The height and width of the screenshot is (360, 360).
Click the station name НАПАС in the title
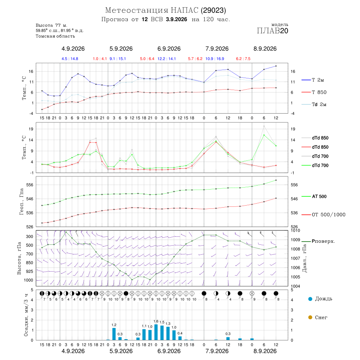184,10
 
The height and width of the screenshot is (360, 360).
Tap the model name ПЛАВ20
272,31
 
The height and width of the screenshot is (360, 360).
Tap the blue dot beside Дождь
310,299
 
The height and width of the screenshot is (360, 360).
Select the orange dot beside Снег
310,317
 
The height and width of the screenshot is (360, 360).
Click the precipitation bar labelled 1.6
156,332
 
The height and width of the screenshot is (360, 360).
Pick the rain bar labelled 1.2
114,334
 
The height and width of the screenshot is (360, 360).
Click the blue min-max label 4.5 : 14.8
70,59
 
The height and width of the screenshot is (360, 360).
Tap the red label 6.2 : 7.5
243,59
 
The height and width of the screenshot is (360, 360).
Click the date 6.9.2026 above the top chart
169,49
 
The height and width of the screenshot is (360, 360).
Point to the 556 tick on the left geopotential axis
30,185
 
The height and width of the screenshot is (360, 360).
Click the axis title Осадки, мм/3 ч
26,315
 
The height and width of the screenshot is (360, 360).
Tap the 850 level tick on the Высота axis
29,263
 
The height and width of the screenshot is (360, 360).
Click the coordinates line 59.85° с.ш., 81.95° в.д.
60,30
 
